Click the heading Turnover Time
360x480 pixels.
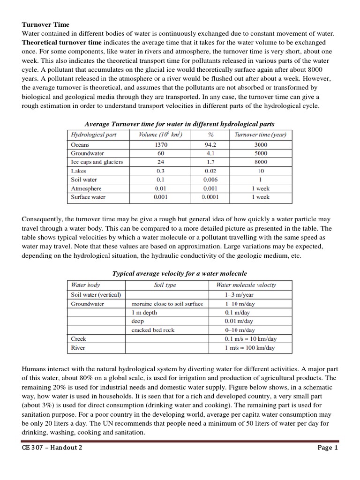coord(45,24)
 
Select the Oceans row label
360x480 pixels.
coord(80,145)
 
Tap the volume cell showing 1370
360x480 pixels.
coord(161,145)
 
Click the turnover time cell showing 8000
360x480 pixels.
coord(260,162)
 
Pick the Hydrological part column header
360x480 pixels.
coord(93,135)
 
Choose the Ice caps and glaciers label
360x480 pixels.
coord(97,162)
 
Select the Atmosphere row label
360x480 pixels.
coord(86,188)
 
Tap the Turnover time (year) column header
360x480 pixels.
coord(260,135)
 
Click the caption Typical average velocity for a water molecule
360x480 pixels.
coord(180,273)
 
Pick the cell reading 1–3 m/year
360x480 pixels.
coord(239,295)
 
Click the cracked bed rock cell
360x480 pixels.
coord(153,330)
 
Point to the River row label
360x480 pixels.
coord(78,348)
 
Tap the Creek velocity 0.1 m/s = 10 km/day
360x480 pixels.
coord(250,339)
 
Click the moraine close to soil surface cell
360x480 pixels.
coord(167,304)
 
